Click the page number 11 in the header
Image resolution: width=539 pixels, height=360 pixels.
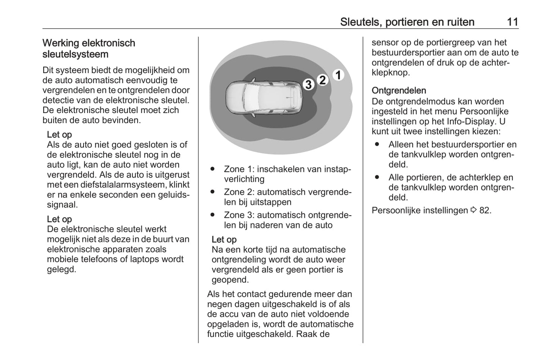click(x=513, y=22)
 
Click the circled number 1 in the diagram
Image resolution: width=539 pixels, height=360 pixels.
click(x=338, y=75)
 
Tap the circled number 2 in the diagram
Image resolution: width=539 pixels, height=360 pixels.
click(x=323, y=80)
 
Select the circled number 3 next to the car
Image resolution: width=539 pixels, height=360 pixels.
click(x=308, y=85)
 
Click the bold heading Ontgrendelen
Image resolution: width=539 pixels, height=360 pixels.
click(x=399, y=91)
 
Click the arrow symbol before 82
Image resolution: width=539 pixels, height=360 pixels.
click(x=474, y=210)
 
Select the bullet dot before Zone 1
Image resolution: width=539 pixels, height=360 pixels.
click(x=213, y=169)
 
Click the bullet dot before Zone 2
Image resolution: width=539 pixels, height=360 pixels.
click(x=213, y=192)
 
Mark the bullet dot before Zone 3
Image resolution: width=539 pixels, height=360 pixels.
click(x=213, y=215)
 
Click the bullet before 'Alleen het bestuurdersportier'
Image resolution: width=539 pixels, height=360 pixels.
click(x=377, y=144)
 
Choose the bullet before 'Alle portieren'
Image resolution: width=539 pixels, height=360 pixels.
click(x=377, y=178)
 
